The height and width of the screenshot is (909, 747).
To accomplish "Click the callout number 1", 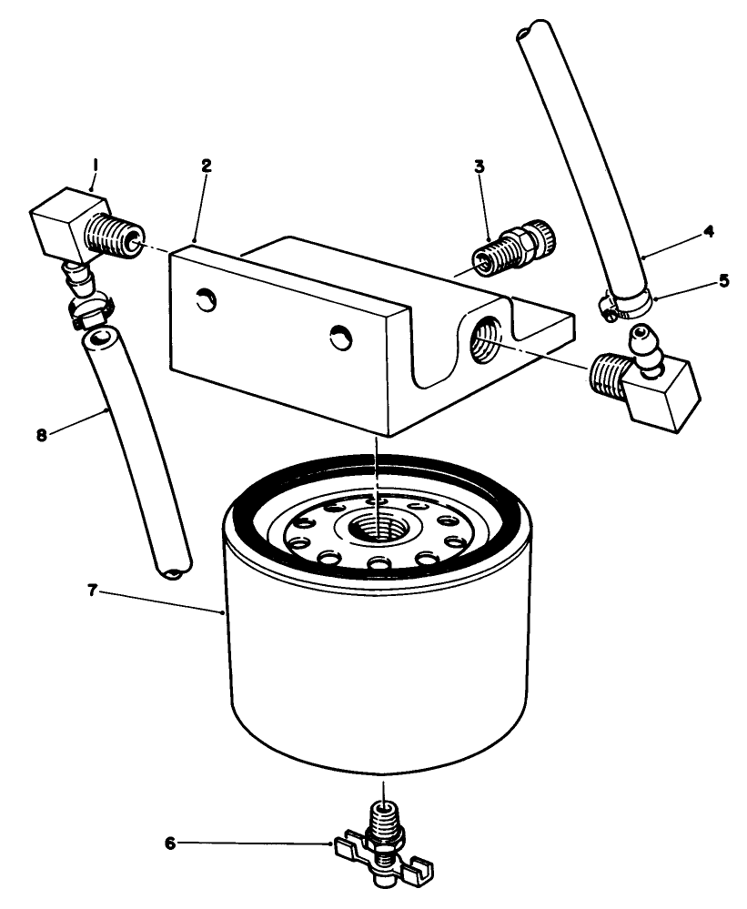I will [x=94, y=166].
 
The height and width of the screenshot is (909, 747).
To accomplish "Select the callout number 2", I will [x=207, y=166].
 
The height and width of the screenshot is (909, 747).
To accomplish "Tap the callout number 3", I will [x=479, y=167].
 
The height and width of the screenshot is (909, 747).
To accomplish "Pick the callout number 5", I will [x=723, y=281].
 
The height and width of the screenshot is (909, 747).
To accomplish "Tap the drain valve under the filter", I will [x=382, y=837].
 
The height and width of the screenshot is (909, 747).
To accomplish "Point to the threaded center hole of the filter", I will [x=376, y=527].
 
